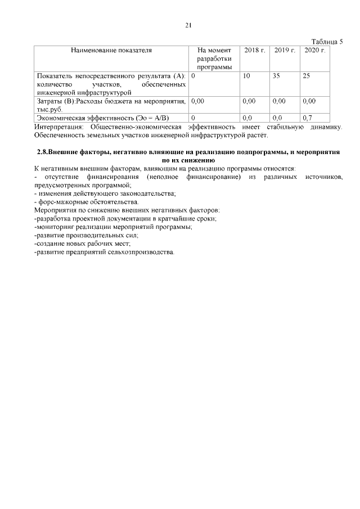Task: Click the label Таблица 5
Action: pyautogui.click(x=327, y=42)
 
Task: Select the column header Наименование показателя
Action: pyautogui.click(x=111, y=51)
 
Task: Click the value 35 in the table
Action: pyautogui.click(x=276, y=75)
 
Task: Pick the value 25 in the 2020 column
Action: pyautogui.click(x=307, y=75)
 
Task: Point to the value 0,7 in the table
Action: pyautogui.click(x=307, y=118)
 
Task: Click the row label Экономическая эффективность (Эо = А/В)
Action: pyautogui.click(x=103, y=118)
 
